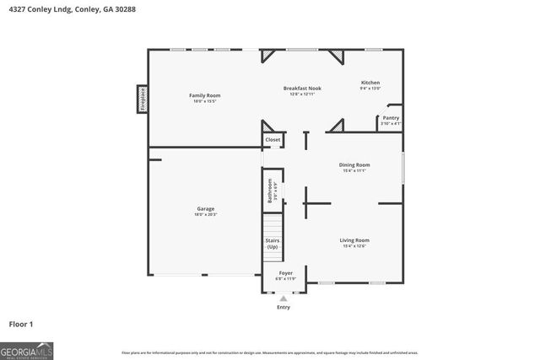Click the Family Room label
204,95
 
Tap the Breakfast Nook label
302,88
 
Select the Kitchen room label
370,82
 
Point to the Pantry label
391,118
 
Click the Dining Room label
354,164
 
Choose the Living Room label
354,240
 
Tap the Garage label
206,208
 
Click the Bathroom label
271,191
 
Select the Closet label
273,140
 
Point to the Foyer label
286,273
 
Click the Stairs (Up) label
273,244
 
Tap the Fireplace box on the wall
143,99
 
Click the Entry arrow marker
283,298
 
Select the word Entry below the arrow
283,307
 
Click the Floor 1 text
21,324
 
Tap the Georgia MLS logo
26,350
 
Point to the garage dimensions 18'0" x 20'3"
206,214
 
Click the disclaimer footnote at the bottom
269,352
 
